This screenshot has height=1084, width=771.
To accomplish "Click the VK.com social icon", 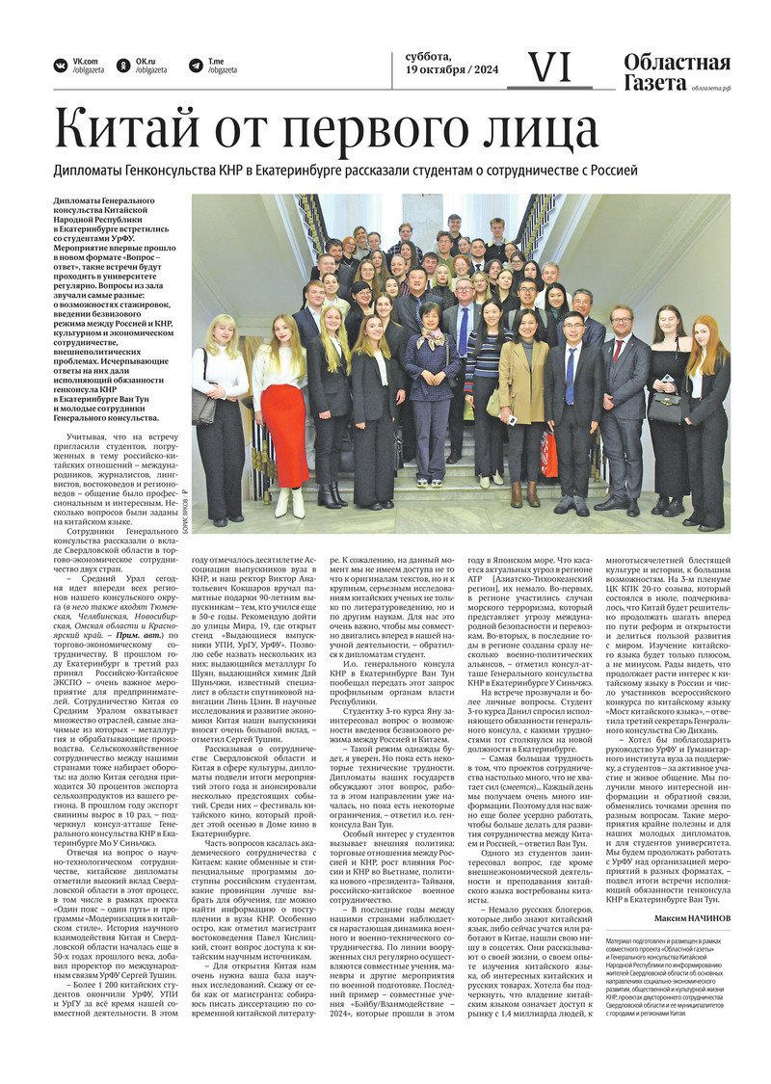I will [61, 66].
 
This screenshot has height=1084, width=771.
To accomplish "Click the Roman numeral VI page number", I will [550, 67].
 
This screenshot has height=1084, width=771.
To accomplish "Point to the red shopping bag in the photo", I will [548, 454].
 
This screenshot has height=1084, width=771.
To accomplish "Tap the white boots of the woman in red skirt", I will [290, 502].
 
